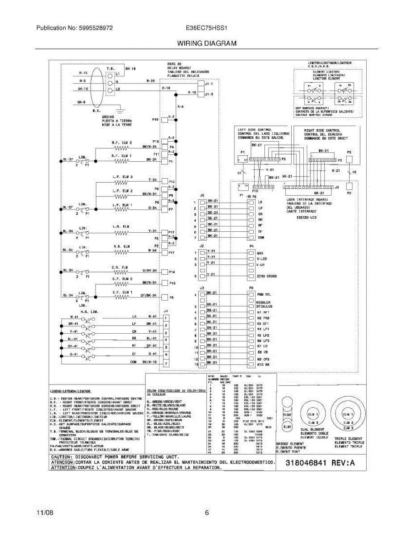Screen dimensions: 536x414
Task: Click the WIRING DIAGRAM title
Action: point(207,43)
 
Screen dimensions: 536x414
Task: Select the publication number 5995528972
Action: point(94,28)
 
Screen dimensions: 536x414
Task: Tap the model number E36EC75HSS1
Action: point(207,28)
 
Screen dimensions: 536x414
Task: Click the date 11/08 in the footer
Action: point(45,513)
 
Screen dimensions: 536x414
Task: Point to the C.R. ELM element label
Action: point(121,267)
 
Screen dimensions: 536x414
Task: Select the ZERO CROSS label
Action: point(267,276)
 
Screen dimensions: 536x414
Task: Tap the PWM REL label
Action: point(264,294)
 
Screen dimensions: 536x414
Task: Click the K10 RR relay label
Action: point(263,364)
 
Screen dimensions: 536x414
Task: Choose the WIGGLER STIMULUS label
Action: point(264,304)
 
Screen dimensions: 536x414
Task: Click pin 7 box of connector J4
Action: point(166,364)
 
